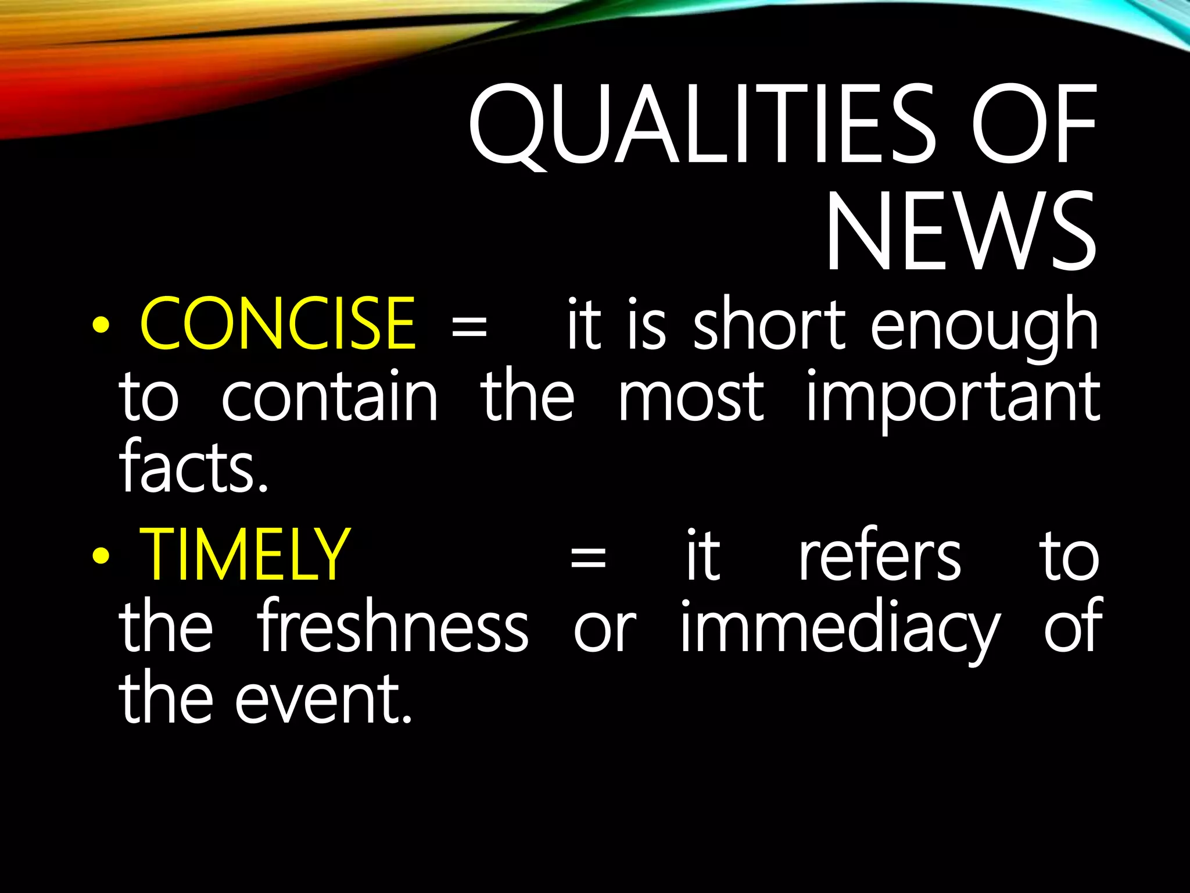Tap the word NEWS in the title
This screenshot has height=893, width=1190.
(x=960, y=232)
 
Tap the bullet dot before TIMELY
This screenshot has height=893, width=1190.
(x=101, y=556)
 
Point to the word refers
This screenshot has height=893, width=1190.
(x=880, y=555)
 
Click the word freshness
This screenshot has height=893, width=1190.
(x=393, y=626)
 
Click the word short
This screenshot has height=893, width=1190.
(x=769, y=323)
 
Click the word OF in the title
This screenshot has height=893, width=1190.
(x=1033, y=125)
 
